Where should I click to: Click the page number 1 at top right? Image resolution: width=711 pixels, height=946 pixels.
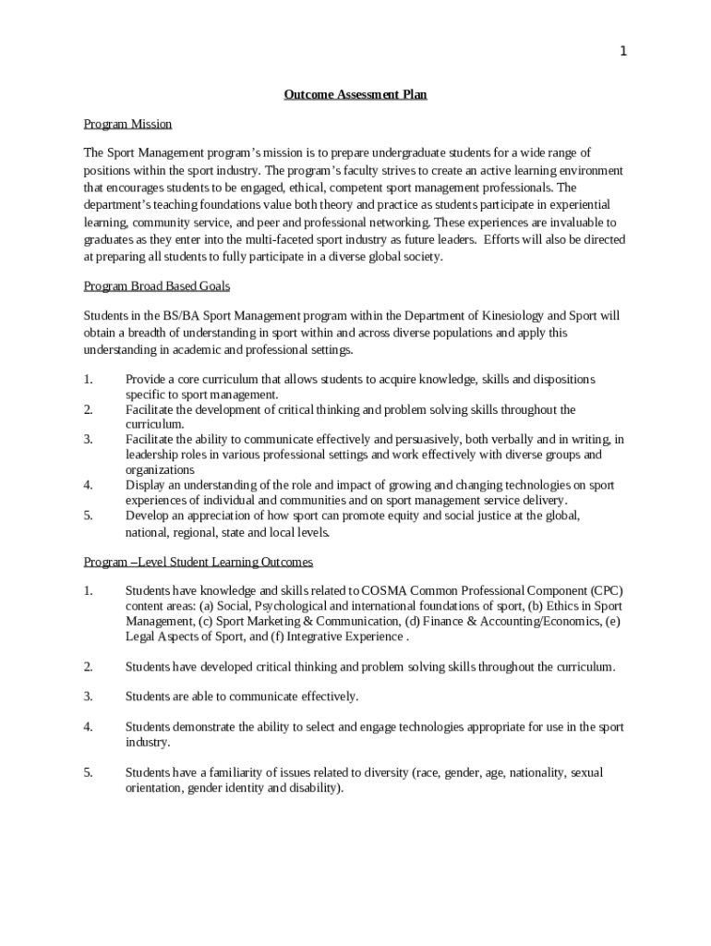coord(623,52)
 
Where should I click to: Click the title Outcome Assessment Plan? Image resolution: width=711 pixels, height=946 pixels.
coord(355,94)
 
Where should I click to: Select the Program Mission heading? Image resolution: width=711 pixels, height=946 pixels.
coord(127,124)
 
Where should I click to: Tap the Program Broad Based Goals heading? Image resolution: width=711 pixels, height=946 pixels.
coord(157,286)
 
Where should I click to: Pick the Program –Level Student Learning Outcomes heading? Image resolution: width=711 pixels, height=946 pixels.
coord(199,562)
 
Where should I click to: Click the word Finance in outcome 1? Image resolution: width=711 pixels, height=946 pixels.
coord(451,622)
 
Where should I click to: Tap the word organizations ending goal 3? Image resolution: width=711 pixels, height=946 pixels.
coord(160,470)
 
